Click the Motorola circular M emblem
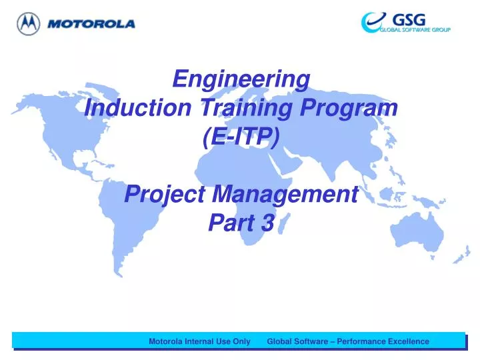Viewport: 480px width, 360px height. (28, 24)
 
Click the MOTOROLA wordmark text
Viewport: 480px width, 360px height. (91, 24)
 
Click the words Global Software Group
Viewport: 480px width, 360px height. (415, 30)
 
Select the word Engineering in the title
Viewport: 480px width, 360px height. (241, 79)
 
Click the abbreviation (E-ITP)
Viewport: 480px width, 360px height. (241, 136)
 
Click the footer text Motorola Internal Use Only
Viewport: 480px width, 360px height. (199, 341)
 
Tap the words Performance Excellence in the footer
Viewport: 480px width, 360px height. (383, 341)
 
